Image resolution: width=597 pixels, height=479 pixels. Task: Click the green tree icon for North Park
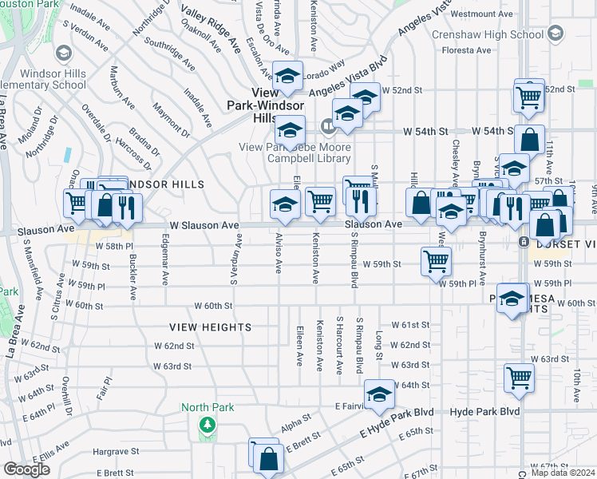tap(208, 424)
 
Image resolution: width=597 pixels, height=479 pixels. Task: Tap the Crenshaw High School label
tap(488, 34)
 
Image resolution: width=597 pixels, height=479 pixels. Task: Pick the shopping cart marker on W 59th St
tap(436, 259)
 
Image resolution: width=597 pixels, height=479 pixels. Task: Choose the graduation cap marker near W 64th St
tap(379, 394)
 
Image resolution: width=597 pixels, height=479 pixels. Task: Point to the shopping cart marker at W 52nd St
tap(529, 97)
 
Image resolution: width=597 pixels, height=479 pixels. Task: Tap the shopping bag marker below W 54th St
tap(528, 140)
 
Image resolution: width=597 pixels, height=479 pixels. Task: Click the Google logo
tap(26, 469)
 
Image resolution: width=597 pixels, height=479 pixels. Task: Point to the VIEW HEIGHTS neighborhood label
tap(210, 327)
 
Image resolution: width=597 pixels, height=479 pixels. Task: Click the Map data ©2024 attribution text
tap(562, 473)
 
